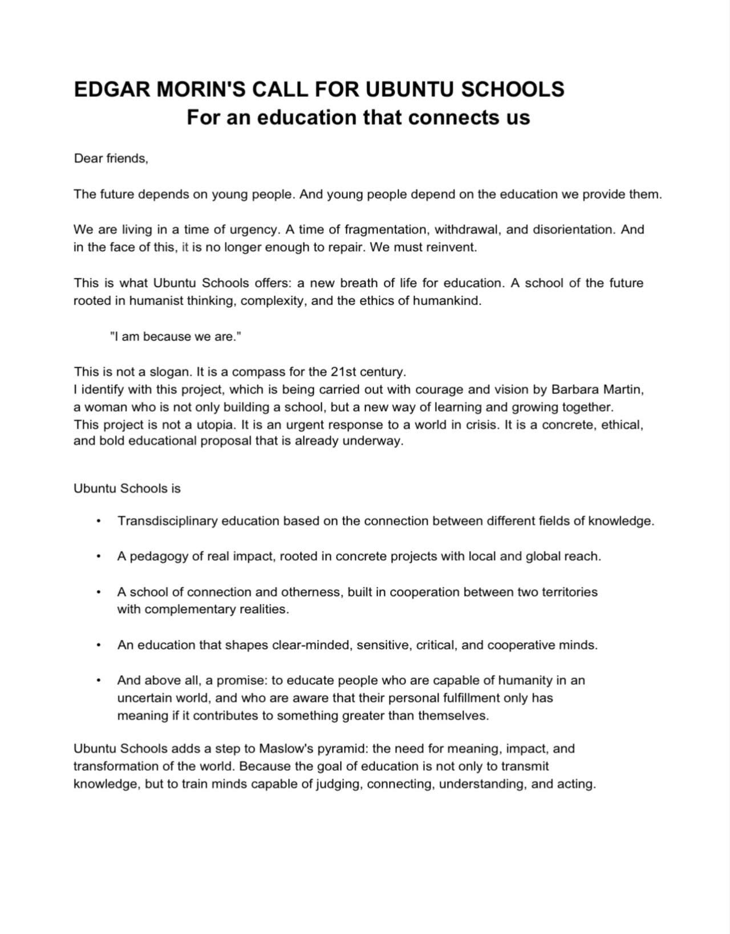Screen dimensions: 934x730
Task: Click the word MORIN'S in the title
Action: pos(201,90)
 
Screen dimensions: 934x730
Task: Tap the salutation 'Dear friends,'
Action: pos(111,159)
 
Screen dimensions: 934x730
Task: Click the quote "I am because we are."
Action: pos(176,336)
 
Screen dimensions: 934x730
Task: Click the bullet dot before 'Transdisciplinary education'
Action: pos(99,521)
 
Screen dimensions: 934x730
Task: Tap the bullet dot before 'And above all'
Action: pos(99,680)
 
